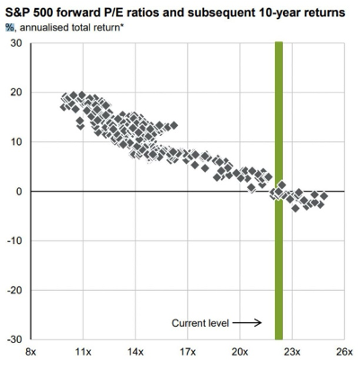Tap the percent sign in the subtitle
click(10, 26)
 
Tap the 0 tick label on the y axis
click(18, 192)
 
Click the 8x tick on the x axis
click(32, 354)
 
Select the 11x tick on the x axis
click(84, 354)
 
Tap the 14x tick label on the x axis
click(136, 354)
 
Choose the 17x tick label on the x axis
click(188, 354)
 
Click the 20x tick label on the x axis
click(240, 354)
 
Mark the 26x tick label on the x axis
click(344, 354)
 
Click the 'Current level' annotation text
click(201, 322)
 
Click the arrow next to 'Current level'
click(251, 322)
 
